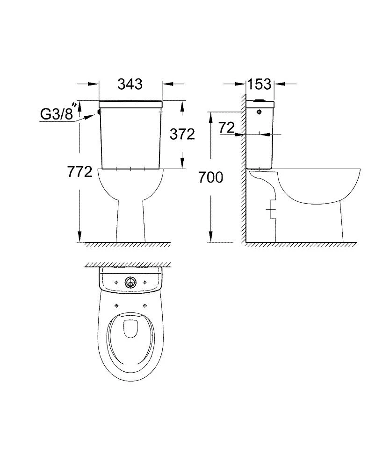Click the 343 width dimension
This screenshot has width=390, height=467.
click(x=130, y=84)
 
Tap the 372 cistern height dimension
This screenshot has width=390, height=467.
click(x=182, y=134)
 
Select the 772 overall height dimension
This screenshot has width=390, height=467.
click(x=79, y=172)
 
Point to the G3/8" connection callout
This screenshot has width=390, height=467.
click(x=57, y=114)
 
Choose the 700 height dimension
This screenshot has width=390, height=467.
click(x=210, y=177)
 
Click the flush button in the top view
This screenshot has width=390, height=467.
click(x=130, y=282)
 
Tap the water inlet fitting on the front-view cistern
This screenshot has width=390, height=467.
click(x=99, y=112)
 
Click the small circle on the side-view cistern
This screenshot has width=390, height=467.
click(x=259, y=112)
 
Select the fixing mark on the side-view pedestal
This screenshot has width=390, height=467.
click(x=270, y=210)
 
